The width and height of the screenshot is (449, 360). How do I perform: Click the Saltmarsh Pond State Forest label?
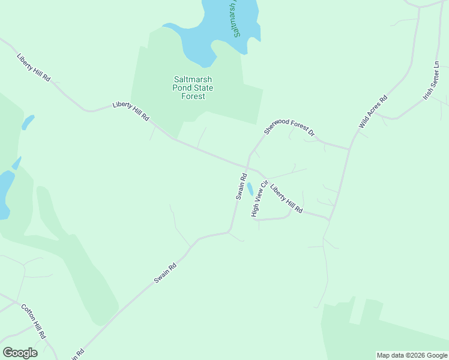(x=193, y=88)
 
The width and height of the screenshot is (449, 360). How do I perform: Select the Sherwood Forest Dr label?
(x=289, y=126)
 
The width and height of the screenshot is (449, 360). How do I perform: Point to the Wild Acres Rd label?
(x=373, y=112)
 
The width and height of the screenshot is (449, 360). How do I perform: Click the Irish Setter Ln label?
(x=431, y=80)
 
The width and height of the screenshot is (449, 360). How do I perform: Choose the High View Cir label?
(x=259, y=198)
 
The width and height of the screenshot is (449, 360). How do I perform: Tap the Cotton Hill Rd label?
(x=34, y=322)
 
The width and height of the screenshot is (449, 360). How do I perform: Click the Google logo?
(x=20, y=353)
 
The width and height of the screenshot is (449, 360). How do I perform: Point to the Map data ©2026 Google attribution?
(x=412, y=355)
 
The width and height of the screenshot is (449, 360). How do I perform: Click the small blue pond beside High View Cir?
(x=250, y=189)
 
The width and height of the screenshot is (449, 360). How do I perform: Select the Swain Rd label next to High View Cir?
(x=241, y=186)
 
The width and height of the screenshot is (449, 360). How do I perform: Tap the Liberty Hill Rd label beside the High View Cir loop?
(x=286, y=199)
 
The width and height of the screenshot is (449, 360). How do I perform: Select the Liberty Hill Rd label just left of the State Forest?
(x=130, y=112)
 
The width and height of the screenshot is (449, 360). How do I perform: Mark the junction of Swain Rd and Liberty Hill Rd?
(x=246, y=167)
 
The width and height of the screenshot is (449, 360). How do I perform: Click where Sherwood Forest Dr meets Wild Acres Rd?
(x=350, y=149)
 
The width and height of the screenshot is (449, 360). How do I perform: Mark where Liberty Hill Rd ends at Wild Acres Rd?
(x=329, y=219)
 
